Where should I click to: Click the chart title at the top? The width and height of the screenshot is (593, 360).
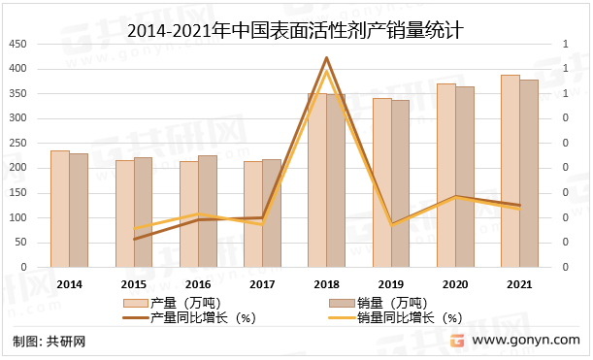(x=295, y=31)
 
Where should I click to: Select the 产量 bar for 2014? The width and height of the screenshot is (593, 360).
(x=59, y=209)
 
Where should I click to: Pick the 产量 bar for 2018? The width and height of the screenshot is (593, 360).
(x=317, y=180)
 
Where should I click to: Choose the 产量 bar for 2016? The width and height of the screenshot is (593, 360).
(x=188, y=213)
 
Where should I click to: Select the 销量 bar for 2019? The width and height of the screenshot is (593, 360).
(x=400, y=183)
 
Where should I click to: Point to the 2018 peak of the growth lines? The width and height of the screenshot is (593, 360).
(x=326, y=58)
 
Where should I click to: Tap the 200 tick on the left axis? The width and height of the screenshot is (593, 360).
(x=17, y=168)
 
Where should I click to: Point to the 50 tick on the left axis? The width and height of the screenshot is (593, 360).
(x=20, y=243)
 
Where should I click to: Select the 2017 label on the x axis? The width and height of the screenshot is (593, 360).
(x=262, y=283)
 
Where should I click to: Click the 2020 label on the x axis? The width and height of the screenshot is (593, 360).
(x=455, y=283)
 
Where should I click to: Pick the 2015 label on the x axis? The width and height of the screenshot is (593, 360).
(x=133, y=283)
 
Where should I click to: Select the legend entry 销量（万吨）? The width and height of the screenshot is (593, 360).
(x=394, y=303)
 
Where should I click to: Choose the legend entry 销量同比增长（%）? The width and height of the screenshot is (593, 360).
(x=409, y=316)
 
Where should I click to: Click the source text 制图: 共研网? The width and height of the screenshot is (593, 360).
(x=49, y=342)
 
